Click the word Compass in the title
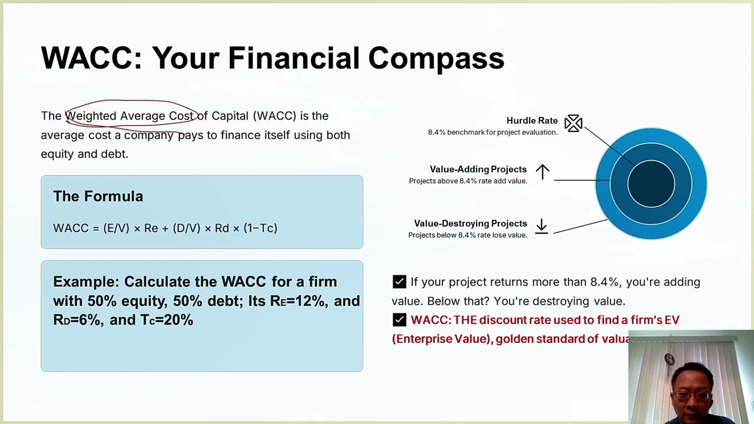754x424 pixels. click(x=436, y=58)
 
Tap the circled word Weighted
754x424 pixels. click(x=91, y=116)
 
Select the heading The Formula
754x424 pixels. click(x=98, y=197)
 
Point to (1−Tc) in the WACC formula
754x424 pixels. click(x=260, y=228)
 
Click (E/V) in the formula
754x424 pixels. click(x=116, y=228)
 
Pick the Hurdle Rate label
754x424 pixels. click(x=531, y=121)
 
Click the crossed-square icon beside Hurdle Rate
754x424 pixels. click(x=573, y=123)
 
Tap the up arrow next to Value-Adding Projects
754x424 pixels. click(x=542, y=172)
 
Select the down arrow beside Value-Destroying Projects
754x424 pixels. click(x=541, y=226)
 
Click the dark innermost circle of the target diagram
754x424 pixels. click(x=651, y=184)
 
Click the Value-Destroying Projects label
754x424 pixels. click(x=470, y=224)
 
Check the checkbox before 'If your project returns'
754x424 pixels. click(x=399, y=282)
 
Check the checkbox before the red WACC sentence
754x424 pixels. click(x=399, y=320)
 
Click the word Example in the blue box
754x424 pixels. click(x=85, y=282)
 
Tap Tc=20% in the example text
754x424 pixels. click(x=167, y=320)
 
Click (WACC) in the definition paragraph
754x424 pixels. click(x=275, y=116)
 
